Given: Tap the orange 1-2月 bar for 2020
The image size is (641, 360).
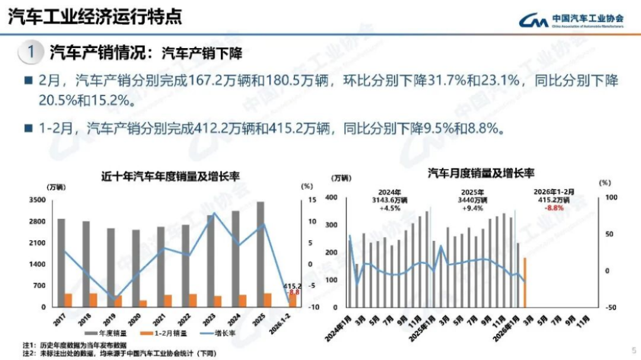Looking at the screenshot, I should [143, 304].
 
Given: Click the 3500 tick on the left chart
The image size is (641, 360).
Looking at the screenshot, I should [37, 200].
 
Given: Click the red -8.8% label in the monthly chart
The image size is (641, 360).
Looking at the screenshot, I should [555, 208].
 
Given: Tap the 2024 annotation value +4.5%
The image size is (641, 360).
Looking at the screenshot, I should [390, 208].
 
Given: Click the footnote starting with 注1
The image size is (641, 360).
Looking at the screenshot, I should [83, 345].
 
